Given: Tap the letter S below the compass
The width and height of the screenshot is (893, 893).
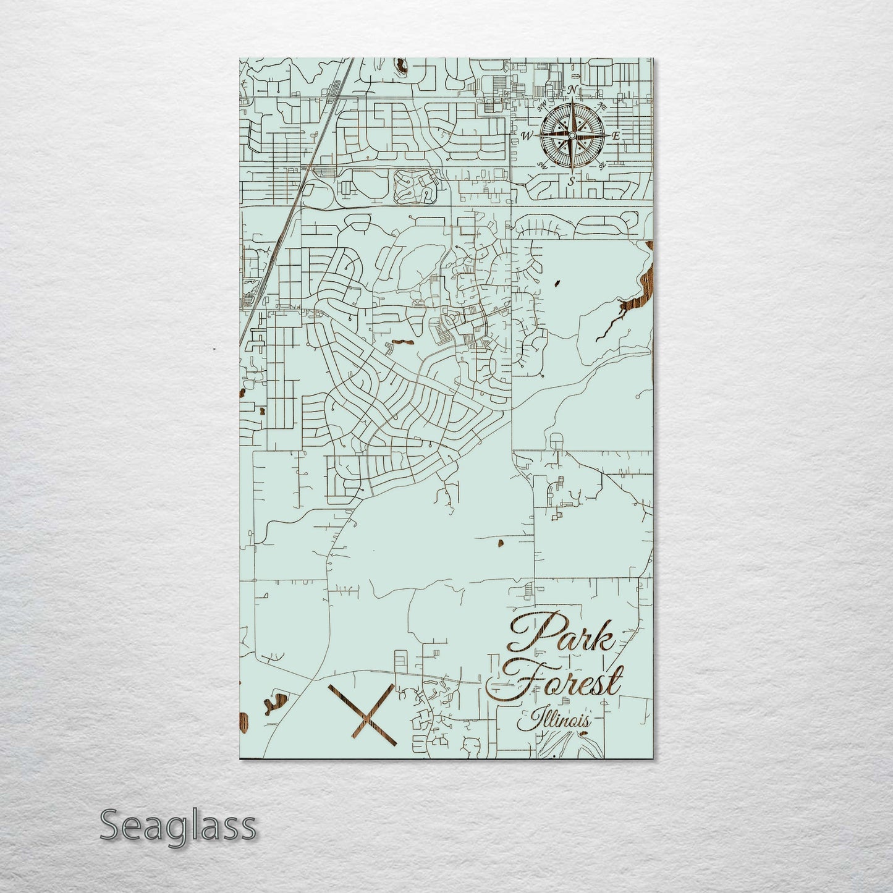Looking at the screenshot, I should pos(571,180).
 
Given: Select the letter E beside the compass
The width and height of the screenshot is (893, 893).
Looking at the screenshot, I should pos(616,136).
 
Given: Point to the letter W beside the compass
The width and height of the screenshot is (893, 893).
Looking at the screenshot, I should pos(528,136).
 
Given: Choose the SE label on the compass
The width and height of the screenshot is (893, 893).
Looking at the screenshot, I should pos(601,165).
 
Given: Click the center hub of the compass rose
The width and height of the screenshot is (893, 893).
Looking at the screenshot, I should pos(572,135).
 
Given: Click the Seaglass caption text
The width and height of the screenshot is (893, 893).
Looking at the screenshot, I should pos(177,826).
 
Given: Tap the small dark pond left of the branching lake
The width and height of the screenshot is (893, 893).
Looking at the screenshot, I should pos(557,283).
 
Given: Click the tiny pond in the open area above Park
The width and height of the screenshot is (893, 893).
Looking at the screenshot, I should pos(498,544).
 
